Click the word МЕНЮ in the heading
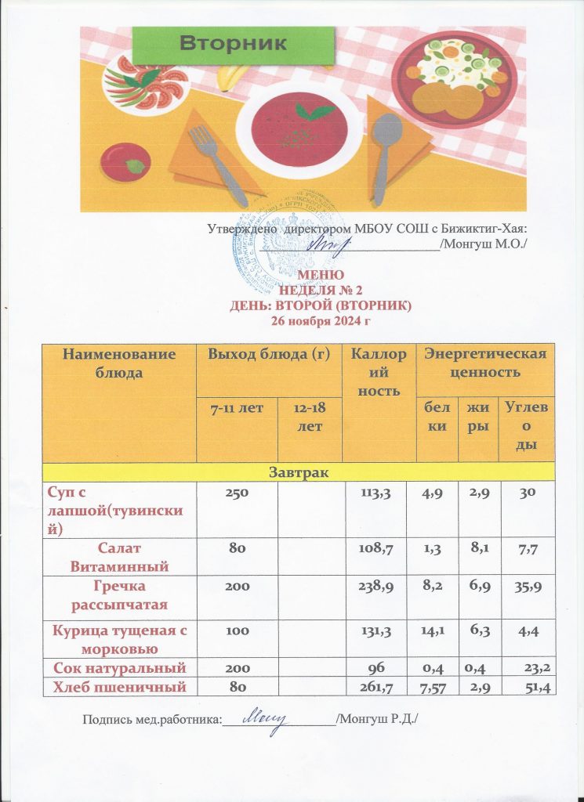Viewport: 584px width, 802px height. point(320,276)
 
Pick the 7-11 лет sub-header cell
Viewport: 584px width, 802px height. point(237,407)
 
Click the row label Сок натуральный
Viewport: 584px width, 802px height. point(118,668)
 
